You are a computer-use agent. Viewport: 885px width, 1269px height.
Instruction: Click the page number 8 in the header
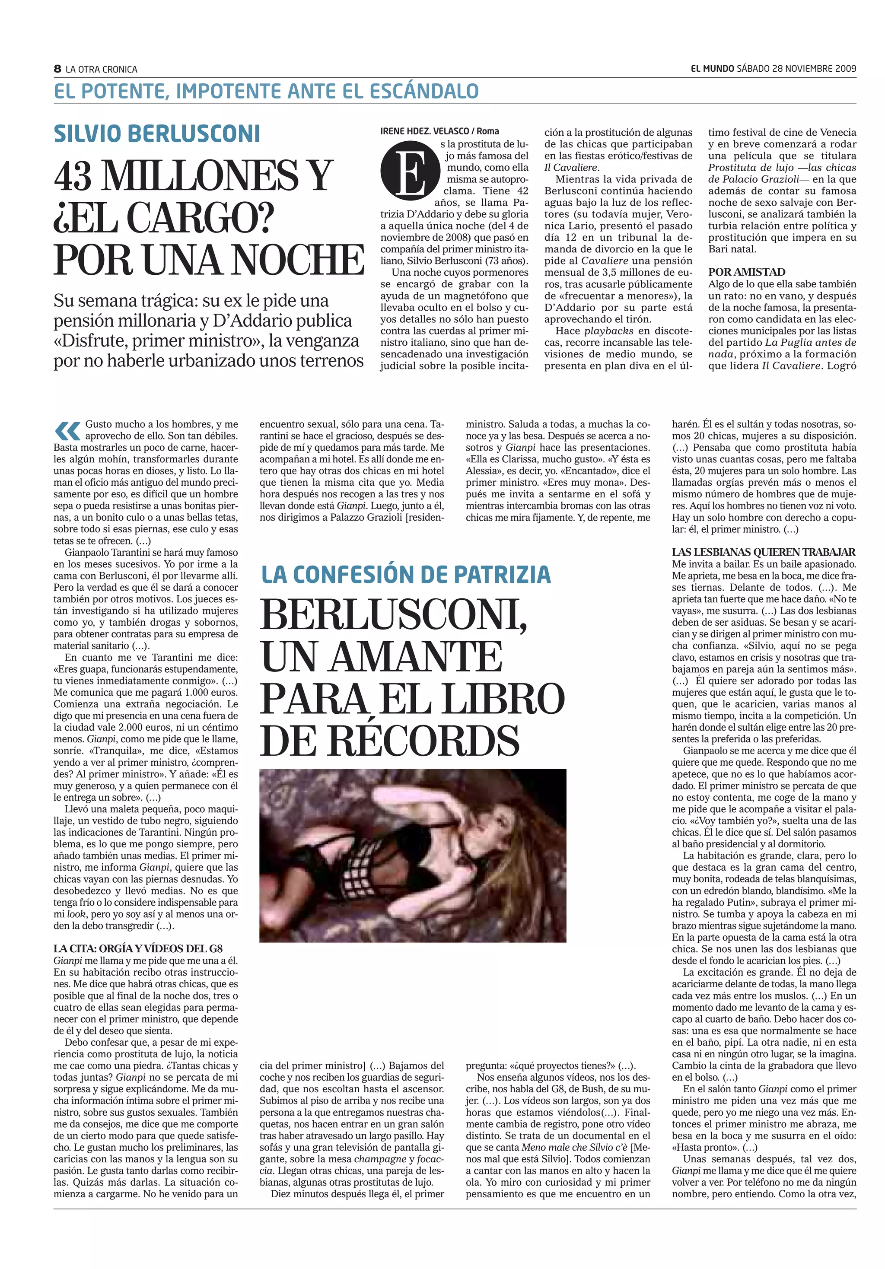[57, 69]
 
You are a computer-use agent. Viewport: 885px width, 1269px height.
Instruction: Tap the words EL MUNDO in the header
[713, 69]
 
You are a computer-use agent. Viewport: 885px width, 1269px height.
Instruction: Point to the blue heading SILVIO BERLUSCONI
[157, 134]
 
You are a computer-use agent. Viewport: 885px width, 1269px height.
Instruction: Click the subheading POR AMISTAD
[746, 272]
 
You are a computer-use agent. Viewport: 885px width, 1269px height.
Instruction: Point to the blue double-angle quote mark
[67, 429]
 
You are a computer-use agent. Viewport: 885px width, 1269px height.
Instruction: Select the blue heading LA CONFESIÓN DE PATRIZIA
[406, 575]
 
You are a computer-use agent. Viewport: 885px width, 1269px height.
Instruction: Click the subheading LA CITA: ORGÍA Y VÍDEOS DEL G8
[138, 949]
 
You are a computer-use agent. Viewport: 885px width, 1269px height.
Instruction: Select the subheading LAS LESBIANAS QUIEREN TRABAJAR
[764, 552]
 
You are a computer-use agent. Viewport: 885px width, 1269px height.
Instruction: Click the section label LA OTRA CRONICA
[101, 70]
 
